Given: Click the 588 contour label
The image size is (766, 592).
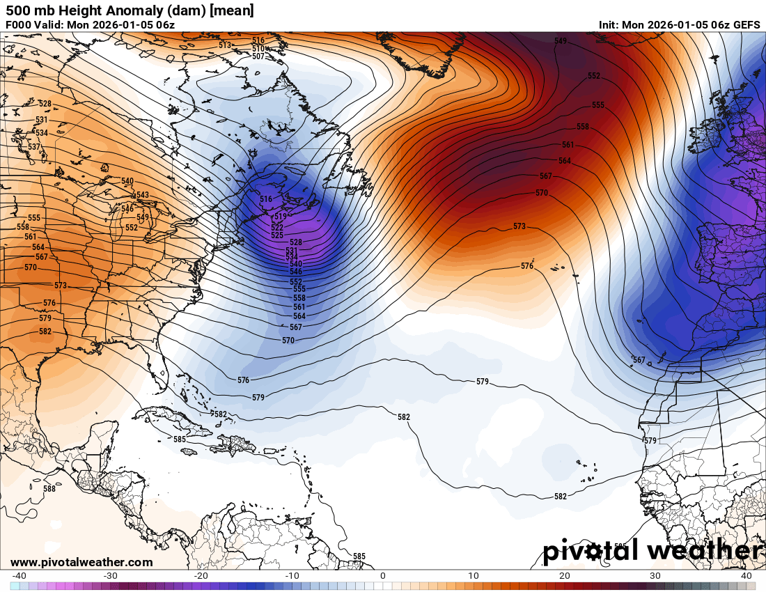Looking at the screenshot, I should pos(49,489).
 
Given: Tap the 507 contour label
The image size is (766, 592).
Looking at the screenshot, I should pos(258,56).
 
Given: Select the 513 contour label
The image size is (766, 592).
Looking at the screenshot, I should pos(225,45).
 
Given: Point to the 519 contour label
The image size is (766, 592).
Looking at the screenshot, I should pos(281,217).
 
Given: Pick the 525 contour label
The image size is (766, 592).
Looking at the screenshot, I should pos(277,235).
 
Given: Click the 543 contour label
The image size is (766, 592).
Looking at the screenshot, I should pos(142,195).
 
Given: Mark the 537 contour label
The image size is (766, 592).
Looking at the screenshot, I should pos(33,147).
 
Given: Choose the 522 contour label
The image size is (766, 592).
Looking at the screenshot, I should pos(277,227).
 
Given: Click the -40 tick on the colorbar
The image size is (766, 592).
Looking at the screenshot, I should pos(19,576).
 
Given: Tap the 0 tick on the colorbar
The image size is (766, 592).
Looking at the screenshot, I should pos(382,576).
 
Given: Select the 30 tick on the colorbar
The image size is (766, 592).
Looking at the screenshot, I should pos(655,576).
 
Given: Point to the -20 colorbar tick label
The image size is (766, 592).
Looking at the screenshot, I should pos(201,576).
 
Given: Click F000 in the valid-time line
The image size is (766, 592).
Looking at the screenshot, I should pos(19,25).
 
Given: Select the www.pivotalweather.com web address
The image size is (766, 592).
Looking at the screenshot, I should pos(81,562).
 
